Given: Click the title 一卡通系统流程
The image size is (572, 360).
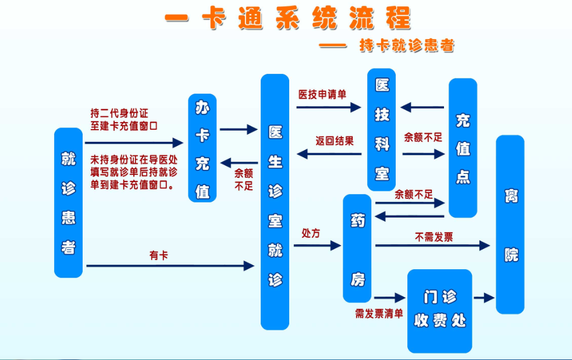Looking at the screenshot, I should pos(288,19).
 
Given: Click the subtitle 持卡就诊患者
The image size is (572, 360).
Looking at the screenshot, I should pos(407,45).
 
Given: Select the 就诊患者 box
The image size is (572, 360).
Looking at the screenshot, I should pos(69,202).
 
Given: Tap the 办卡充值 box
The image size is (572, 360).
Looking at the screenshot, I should pos(202,148).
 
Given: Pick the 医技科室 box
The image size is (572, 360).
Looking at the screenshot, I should pos(382,130).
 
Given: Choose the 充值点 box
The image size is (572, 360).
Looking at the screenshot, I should pos(463,148).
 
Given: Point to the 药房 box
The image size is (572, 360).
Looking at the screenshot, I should pos(357,248).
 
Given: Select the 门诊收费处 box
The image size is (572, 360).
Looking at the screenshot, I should pos(439,310).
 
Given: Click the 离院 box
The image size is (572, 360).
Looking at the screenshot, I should pos(510,224).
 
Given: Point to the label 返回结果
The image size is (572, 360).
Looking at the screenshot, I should pos(335,141).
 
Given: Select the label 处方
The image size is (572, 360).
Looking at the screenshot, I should pos(311,233).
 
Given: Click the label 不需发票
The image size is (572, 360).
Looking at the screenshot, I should pos(434,236).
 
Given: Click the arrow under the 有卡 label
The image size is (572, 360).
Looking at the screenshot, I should pos(170,266).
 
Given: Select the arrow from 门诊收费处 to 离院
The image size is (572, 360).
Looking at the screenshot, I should pos(484,298).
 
